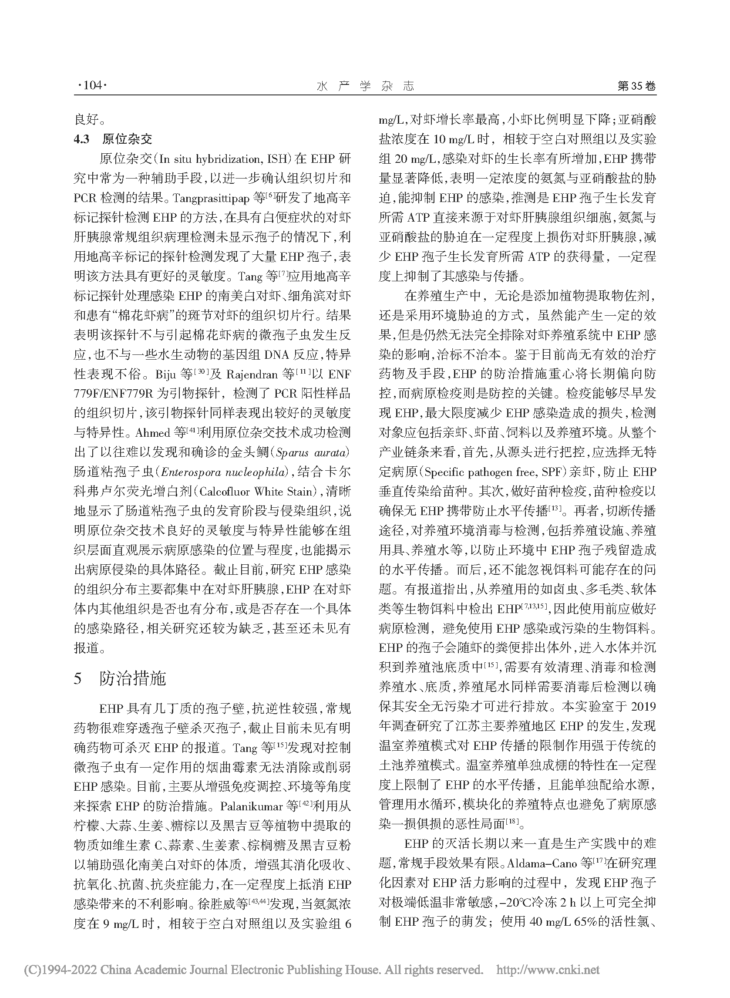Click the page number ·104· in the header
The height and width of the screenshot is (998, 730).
click(92, 86)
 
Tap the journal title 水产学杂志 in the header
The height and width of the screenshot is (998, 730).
click(366, 86)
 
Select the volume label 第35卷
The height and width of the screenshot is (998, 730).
click(636, 86)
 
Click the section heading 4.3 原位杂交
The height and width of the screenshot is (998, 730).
click(113, 139)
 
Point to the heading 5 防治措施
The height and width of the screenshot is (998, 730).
click(120, 678)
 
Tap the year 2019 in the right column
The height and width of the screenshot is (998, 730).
click(643, 706)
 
